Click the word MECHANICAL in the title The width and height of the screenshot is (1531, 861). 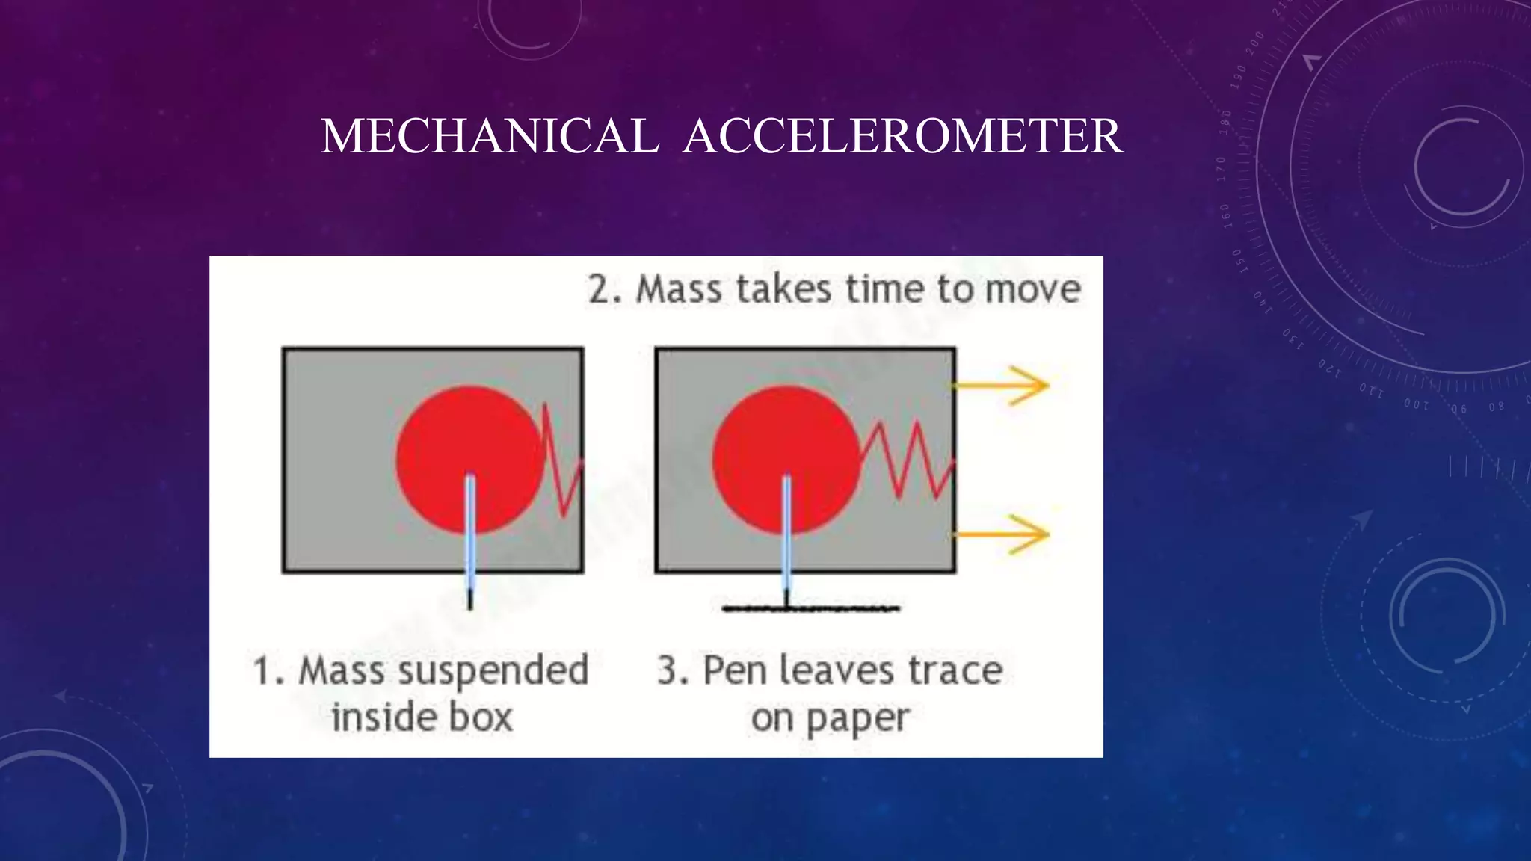(x=490, y=137)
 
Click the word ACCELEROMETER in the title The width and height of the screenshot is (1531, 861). (x=902, y=137)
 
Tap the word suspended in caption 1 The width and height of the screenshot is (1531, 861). (x=493, y=671)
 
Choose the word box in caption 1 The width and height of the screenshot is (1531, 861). (x=481, y=717)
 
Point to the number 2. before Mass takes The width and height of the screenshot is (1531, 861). (x=604, y=289)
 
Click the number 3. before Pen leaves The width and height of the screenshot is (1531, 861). (x=673, y=670)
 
